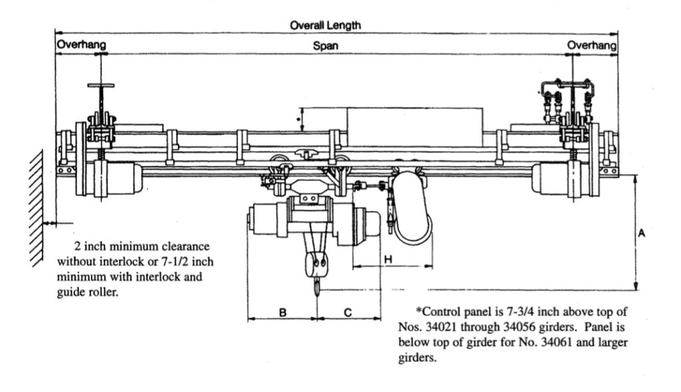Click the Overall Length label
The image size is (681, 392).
pyautogui.click(x=325, y=25)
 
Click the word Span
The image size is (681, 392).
pyautogui.click(x=325, y=46)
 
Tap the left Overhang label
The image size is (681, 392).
pyautogui.click(x=81, y=45)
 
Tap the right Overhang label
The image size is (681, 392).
pyautogui.click(x=591, y=45)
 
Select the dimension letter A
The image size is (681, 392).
pyautogui.click(x=642, y=234)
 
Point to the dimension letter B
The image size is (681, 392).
pyautogui.click(x=283, y=313)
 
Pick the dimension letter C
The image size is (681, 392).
pyautogui.click(x=348, y=313)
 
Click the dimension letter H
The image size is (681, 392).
pyautogui.click(x=388, y=260)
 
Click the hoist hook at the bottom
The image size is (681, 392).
pyautogui.click(x=318, y=286)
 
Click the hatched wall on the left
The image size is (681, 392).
pyautogui.click(x=37, y=208)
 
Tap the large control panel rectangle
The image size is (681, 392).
pyautogui.click(x=414, y=127)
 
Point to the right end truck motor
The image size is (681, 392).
pyautogui.click(x=555, y=178)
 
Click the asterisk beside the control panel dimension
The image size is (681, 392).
pyautogui.click(x=299, y=118)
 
